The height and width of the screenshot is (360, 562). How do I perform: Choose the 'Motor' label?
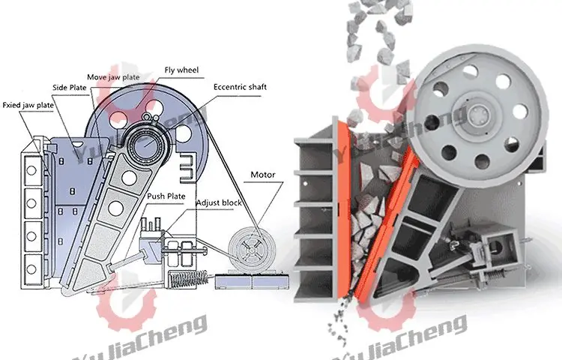click(x=262, y=175)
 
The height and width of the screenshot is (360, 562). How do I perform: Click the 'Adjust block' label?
click(x=217, y=202)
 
